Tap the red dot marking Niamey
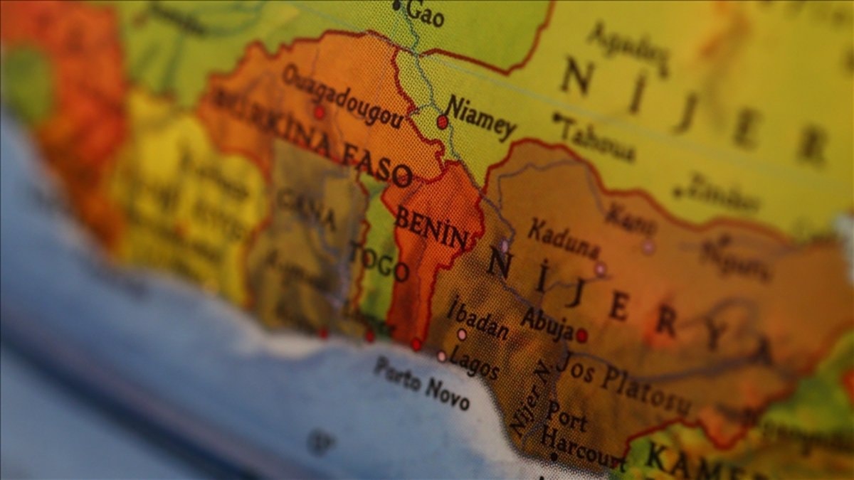point(442,122)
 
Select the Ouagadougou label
point(343,96)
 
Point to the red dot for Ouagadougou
point(319,112)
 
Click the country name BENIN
point(431,228)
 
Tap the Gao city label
point(426,14)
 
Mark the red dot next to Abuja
point(581,335)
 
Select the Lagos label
point(473,364)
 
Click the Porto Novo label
point(422,383)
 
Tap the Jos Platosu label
point(623,383)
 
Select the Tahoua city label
point(597,139)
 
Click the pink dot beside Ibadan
point(462,334)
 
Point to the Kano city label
point(631,218)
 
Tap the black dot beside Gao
point(396,6)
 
